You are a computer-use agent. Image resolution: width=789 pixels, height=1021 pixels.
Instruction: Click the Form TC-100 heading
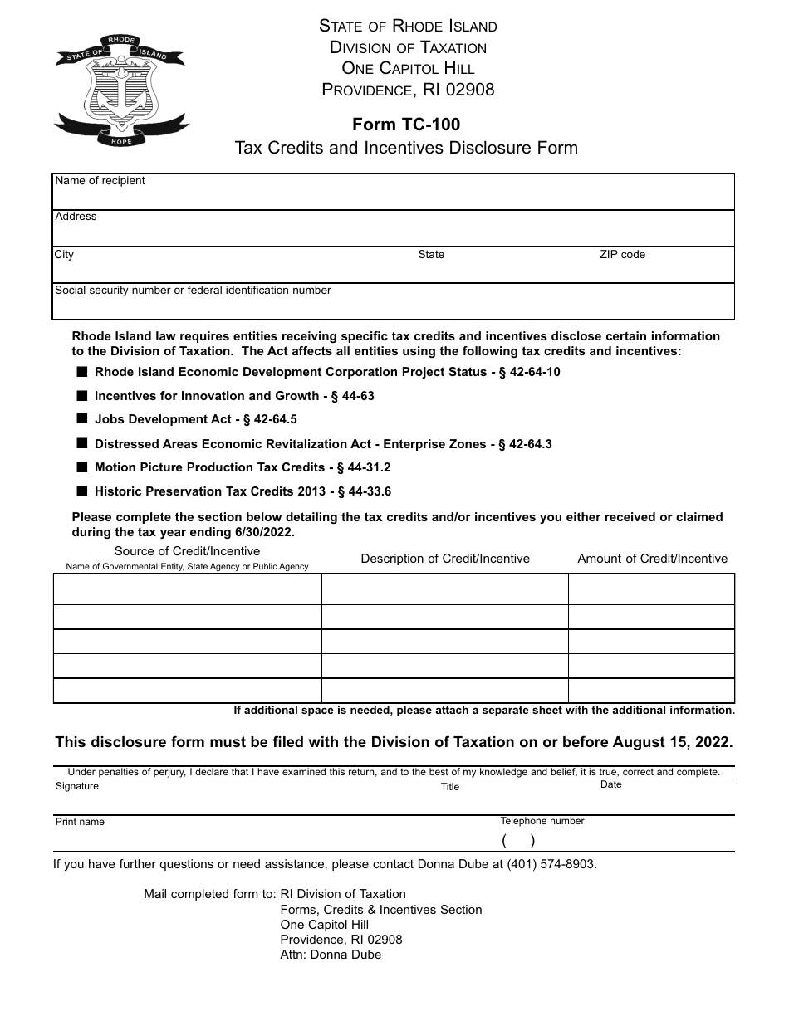406,125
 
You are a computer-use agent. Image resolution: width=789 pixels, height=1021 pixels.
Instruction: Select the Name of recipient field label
100,181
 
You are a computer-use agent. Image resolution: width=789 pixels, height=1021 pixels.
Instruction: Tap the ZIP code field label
622,255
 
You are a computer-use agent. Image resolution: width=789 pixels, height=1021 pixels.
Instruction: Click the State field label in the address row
431,255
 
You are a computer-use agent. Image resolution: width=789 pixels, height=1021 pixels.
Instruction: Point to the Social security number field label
193,291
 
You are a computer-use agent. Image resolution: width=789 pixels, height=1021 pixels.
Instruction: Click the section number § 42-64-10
529,372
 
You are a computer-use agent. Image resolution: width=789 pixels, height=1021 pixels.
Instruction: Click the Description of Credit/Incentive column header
445,559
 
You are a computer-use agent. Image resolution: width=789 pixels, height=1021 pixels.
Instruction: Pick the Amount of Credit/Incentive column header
652,559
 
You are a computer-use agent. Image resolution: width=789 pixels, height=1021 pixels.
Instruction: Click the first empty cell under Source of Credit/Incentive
187,589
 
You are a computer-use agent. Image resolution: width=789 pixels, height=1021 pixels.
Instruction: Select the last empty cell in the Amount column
651,691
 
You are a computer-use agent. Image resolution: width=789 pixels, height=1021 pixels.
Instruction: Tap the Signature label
77,786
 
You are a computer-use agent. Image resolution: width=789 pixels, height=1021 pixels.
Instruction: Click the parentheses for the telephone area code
518,840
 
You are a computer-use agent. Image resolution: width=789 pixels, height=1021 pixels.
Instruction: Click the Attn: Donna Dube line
331,955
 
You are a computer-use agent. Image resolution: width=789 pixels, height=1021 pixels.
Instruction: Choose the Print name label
80,822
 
